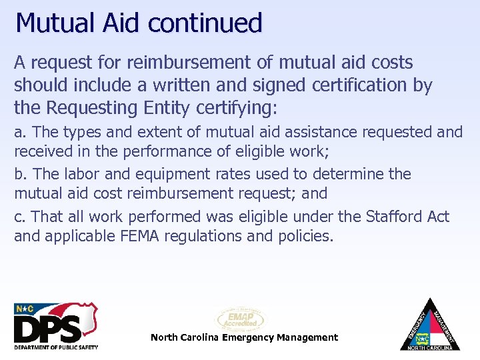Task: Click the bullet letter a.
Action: (x=19, y=133)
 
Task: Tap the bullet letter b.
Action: (x=19, y=175)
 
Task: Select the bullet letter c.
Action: (x=19, y=217)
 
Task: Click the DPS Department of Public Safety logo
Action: (x=56, y=325)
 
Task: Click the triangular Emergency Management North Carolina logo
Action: (x=430, y=325)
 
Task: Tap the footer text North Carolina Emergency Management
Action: (x=244, y=337)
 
